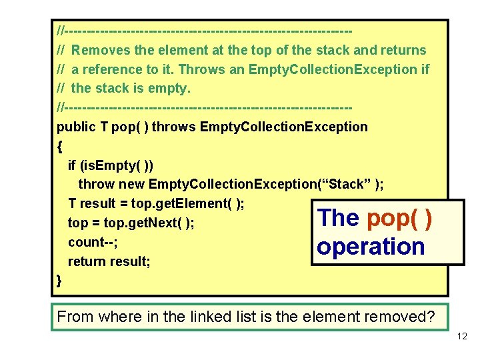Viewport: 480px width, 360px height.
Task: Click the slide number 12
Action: pyautogui.click(x=463, y=337)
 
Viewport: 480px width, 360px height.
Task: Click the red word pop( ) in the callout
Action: pyautogui.click(x=399, y=218)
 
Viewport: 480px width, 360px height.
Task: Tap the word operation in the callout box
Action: pyautogui.click(x=371, y=247)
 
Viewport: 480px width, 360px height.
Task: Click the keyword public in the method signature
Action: pyautogui.click(x=77, y=127)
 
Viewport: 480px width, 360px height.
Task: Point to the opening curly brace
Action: pyautogui.click(x=60, y=145)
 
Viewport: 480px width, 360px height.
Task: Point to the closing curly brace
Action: pyautogui.click(x=60, y=281)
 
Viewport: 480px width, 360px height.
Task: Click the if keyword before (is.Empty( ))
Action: pyautogui.click(x=72, y=165)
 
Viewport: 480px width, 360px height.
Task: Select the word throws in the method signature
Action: pyautogui.click(x=174, y=127)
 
